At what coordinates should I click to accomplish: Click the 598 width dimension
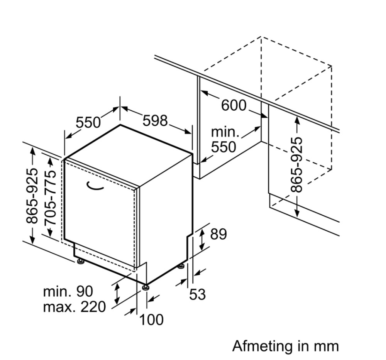tap(155, 121)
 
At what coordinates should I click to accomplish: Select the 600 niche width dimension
tap(234, 105)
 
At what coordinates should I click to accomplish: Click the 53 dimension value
tap(197, 294)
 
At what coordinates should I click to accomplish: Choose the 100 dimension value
tap(151, 319)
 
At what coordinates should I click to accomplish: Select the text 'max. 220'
tap(74, 307)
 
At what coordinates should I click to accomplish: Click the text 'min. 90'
tap(68, 291)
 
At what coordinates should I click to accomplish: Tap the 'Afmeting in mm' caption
tap(286, 346)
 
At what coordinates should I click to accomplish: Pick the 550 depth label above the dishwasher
tap(88, 122)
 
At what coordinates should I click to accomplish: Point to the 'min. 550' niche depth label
tap(225, 140)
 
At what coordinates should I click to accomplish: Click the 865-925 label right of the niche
tap(296, 165)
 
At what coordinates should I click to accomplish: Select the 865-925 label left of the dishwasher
tap(32, 196)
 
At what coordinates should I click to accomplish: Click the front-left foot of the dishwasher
tap(80, 262)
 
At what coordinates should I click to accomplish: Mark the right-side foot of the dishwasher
tap(181, 267)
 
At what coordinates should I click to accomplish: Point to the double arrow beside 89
tap(202, 239)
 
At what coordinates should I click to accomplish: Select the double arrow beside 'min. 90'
tap(117, 294)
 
